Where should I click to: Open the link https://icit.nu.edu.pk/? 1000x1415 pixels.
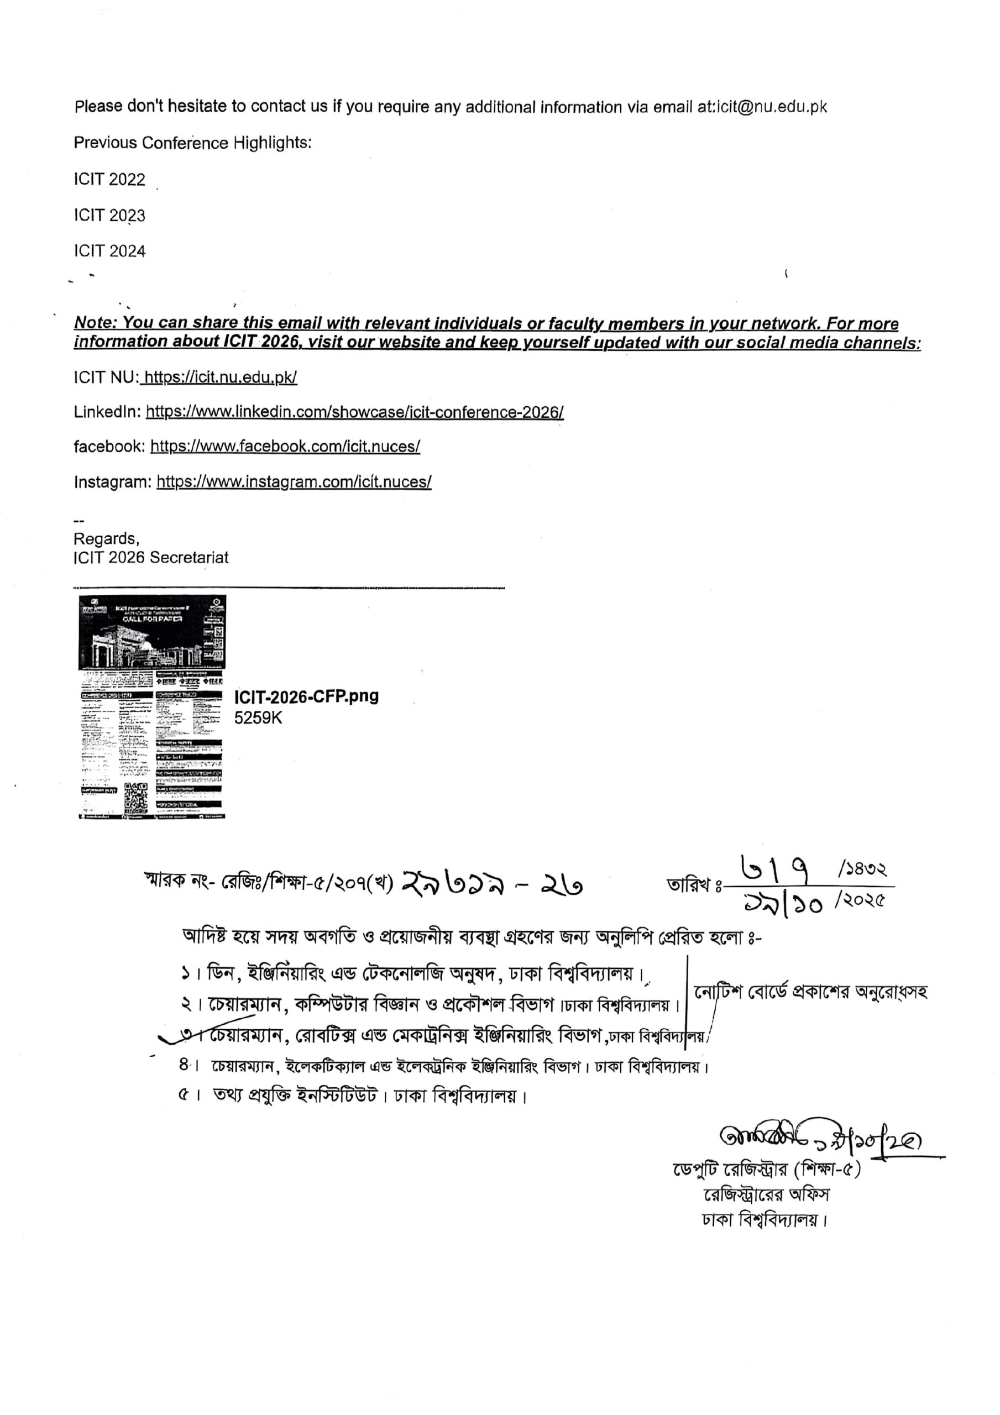[x=220, y=377]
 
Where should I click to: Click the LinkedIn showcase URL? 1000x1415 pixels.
[x=354, y=412]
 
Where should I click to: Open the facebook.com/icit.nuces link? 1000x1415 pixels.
[x=285, y=446]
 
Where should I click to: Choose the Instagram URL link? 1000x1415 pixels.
[x=294, y=481]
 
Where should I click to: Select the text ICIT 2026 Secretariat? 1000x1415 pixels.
[x=151, y=557]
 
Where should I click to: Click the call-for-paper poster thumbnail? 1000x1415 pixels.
[x=151, y=706]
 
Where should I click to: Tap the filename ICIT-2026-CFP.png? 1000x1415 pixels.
[x=306, y=696]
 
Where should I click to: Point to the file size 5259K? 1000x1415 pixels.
[x=258, y=717]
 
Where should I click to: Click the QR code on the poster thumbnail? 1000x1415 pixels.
[x=136, y=798]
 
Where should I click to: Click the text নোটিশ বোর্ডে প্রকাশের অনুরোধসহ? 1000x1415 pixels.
[x=810, y=992]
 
